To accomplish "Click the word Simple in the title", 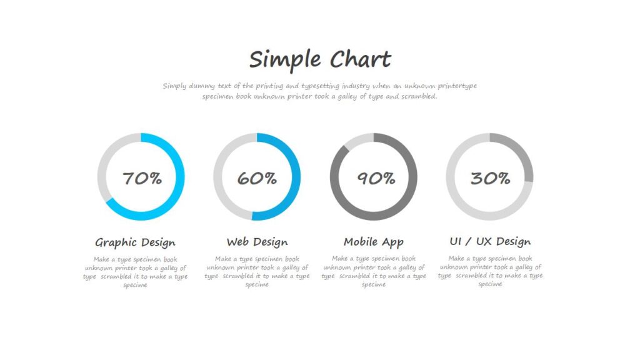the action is (285, 60).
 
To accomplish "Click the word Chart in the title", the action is (361, 59).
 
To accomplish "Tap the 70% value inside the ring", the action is (142, 178).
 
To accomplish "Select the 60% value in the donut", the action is (257, 178).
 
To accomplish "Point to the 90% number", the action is (376, 178).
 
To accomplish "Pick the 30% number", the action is (490, 178).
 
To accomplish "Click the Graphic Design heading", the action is (135, 242).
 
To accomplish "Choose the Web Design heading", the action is (257, 242).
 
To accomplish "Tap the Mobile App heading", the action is (374, 242).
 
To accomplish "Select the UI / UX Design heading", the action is (490, 242).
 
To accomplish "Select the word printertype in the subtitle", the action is (457, 86).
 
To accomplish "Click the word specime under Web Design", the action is (257, 284).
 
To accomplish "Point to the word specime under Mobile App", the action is (374, 284).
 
